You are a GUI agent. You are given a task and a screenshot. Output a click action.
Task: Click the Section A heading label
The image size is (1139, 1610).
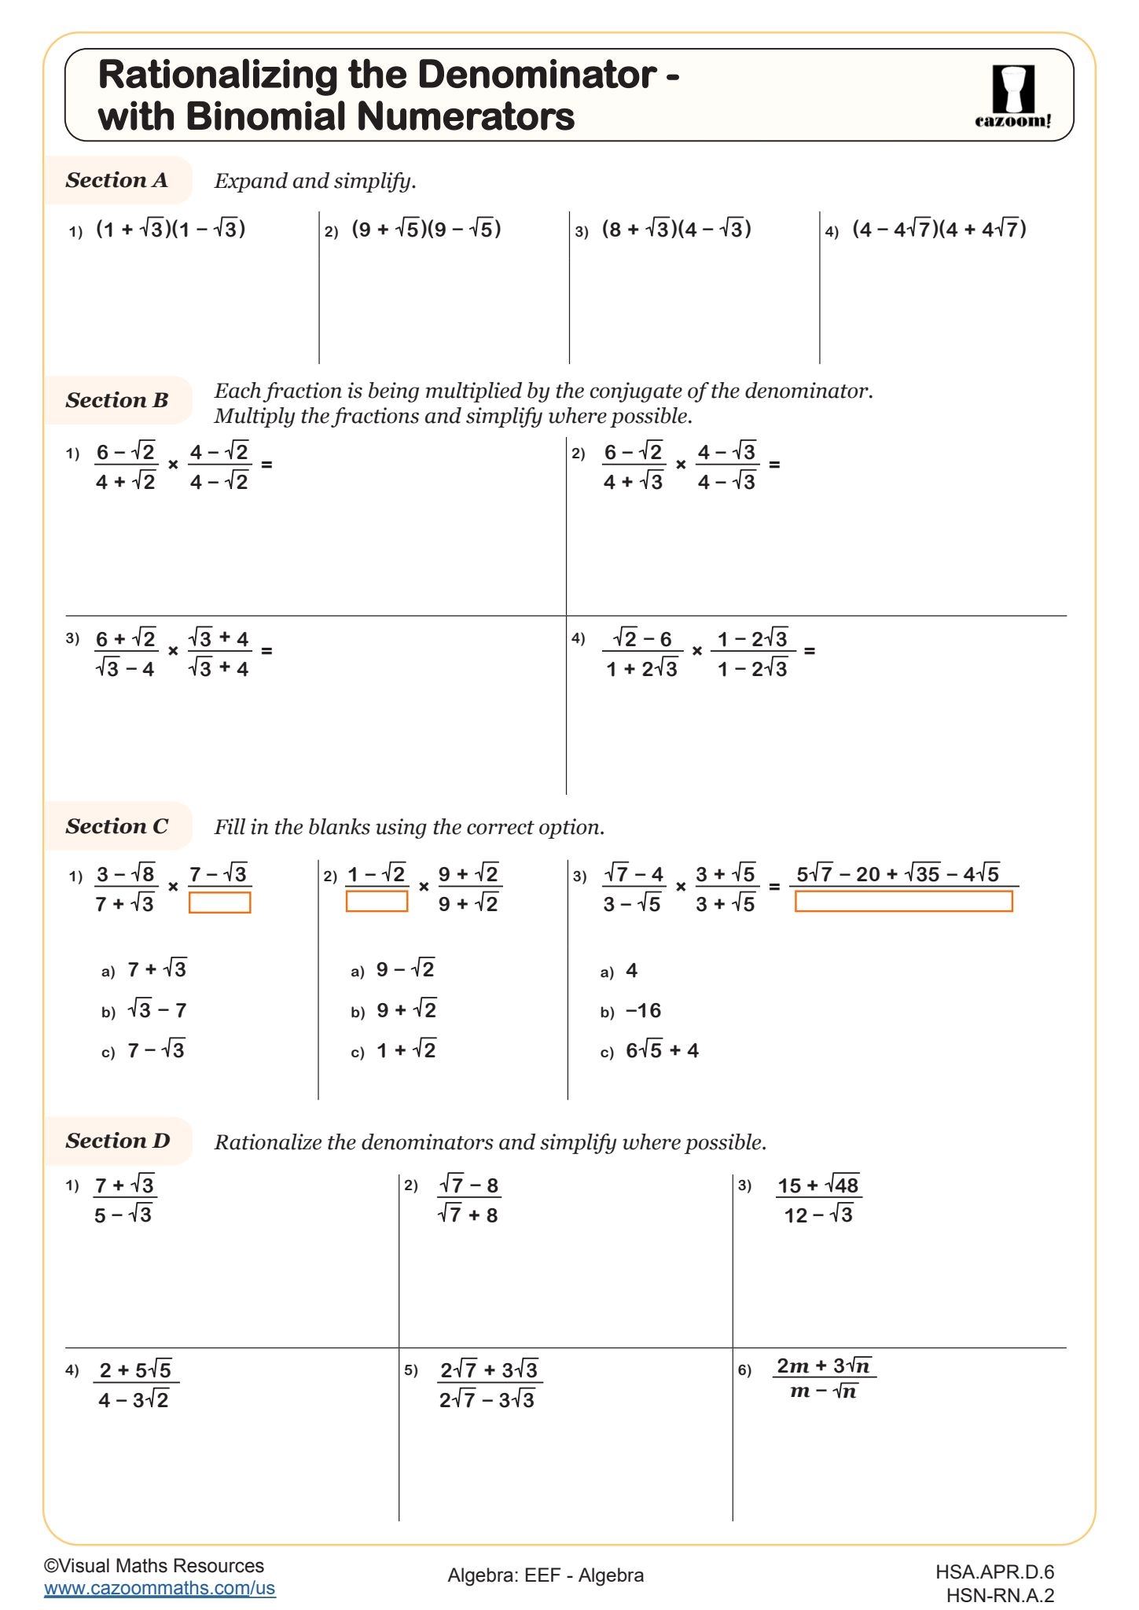116,180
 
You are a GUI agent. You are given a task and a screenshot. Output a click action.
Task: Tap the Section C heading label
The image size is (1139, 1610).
116,826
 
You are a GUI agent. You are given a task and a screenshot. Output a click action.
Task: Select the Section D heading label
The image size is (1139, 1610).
117,1141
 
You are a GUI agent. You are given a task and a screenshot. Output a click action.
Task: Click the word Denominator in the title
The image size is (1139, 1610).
537,75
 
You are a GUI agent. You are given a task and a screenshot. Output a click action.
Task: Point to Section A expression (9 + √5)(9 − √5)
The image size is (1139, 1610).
426,229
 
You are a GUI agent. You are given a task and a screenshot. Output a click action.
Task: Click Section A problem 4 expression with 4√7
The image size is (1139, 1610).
939,229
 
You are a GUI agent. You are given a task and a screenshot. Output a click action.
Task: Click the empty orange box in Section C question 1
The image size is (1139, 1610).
219,902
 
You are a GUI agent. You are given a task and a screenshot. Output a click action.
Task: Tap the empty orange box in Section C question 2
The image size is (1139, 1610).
377,901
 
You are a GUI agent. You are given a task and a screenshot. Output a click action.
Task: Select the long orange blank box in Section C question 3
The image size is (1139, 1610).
903,901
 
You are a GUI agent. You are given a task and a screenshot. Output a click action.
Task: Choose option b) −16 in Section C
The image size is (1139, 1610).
643,1010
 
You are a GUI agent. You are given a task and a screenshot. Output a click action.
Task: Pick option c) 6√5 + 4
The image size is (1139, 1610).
662,1050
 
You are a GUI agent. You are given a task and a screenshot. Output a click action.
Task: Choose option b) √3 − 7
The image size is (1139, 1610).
156,1010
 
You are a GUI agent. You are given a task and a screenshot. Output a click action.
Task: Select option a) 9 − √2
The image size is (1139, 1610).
405,969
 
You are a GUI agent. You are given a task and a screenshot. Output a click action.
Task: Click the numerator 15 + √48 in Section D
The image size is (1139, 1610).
818,1185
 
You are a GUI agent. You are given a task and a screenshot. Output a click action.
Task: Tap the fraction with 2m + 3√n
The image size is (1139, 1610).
823,1378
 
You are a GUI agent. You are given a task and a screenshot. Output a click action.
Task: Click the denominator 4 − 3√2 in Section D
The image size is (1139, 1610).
134,1400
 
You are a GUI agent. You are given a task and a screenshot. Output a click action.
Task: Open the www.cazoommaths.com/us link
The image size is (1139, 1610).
160,1587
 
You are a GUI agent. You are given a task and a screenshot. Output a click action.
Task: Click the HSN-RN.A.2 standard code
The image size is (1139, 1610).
999,1595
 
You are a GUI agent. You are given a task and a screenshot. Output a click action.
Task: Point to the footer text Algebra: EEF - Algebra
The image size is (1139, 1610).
546,1575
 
